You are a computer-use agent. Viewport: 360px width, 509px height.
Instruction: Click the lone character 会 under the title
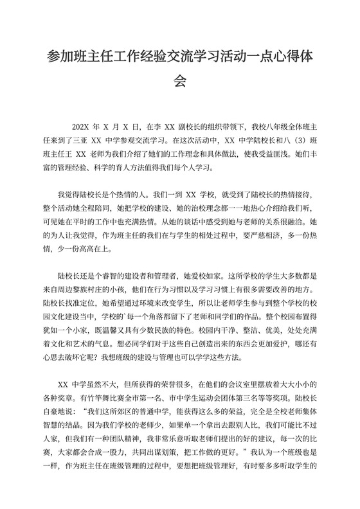(x=179, y=82)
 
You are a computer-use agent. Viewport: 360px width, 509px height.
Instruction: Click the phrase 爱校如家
(x=209, y=275)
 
